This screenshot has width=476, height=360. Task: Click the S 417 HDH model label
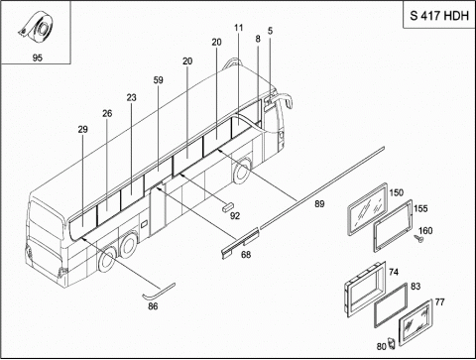pyautogui.click(x=439, y=16)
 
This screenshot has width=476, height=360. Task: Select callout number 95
pyautogui.click(x=38, y=58)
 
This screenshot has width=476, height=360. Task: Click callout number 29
pyautogui.click(x=83, y=129)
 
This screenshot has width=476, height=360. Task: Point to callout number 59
pyautogui.click(x=159, y=80)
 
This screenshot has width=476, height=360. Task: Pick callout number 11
pyautogui.click(x=239, y=28)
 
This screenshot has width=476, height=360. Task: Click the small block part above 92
pyautogui.click(x=228, y=206)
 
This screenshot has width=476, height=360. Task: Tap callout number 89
pyautogui.click(x=319, y=204)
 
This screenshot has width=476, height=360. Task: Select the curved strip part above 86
pyautogui.click(x=159, y=291)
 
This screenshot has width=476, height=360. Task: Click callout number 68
pyautogui.click(x=246, y=255)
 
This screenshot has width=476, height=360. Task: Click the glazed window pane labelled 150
pyautogui.click(x=367, y=209)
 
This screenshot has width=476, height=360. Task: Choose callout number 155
pyautogui.click(x=420, y=208)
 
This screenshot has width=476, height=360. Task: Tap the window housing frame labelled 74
pyautogui.click(x=365, y=289)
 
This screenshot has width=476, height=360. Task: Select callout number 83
pyautogui.click(x=416, y=287)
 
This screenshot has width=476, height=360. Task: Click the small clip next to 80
pyautogui.click(x=392, y=343)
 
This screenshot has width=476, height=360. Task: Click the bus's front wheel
pyautogui.click(x=242, y=171)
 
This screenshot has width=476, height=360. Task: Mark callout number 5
pyautogui.click(x=270, y=31)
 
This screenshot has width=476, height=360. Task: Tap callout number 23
pyautogui.click(x=131, y=98)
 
